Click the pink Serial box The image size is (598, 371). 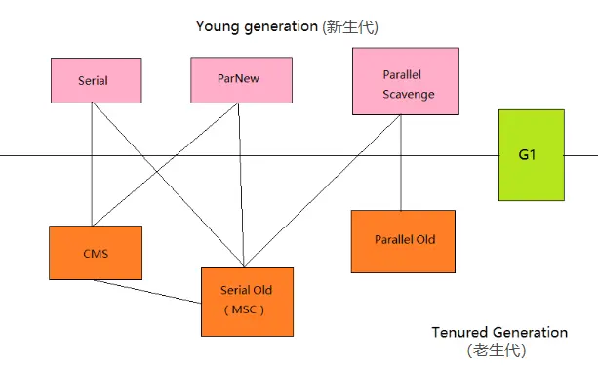93,79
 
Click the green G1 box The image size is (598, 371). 531,155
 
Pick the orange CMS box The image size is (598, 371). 95,253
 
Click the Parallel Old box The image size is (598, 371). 404,240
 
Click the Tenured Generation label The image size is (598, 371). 498,333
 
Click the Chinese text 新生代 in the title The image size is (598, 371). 347,25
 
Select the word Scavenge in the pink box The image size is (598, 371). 409,95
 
